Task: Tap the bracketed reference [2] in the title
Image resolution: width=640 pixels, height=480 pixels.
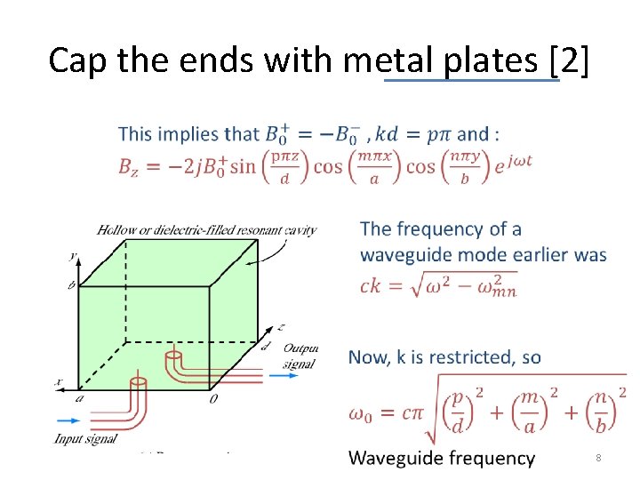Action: [569, 60]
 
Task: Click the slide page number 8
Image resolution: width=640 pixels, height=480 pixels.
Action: [599, 458]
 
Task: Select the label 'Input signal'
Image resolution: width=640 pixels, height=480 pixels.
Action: [85, 438]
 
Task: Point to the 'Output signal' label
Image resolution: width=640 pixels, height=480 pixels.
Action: [300, 355]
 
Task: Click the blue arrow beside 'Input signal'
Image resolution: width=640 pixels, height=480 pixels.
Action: [68, 420]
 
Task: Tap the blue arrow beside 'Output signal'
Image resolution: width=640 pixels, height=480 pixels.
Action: [284, 376]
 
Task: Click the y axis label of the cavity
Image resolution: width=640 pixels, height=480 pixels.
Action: [74, 255]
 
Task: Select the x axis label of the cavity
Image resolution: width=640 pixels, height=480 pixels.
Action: [59, 382]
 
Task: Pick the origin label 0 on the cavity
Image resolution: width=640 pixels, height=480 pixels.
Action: [213, 399]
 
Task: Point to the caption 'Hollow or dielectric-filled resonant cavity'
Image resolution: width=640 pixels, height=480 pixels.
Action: [206, 230]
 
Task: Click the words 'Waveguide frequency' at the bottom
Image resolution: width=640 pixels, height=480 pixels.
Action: [442, 458]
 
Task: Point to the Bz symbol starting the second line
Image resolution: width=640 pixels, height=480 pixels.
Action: [129, 166]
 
